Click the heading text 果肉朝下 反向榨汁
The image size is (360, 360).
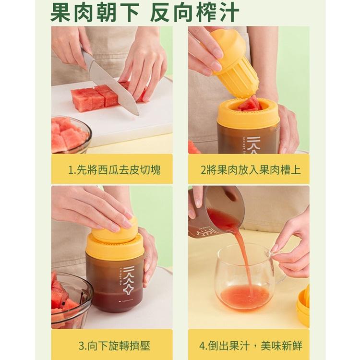144,13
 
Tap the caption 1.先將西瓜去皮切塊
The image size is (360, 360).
114,169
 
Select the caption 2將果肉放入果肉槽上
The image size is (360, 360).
251,169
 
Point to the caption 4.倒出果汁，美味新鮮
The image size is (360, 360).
251,345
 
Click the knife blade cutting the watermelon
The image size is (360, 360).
108,87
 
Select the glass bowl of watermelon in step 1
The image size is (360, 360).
70,134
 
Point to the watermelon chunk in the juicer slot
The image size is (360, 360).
250,103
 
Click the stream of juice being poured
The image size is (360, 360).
244,254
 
